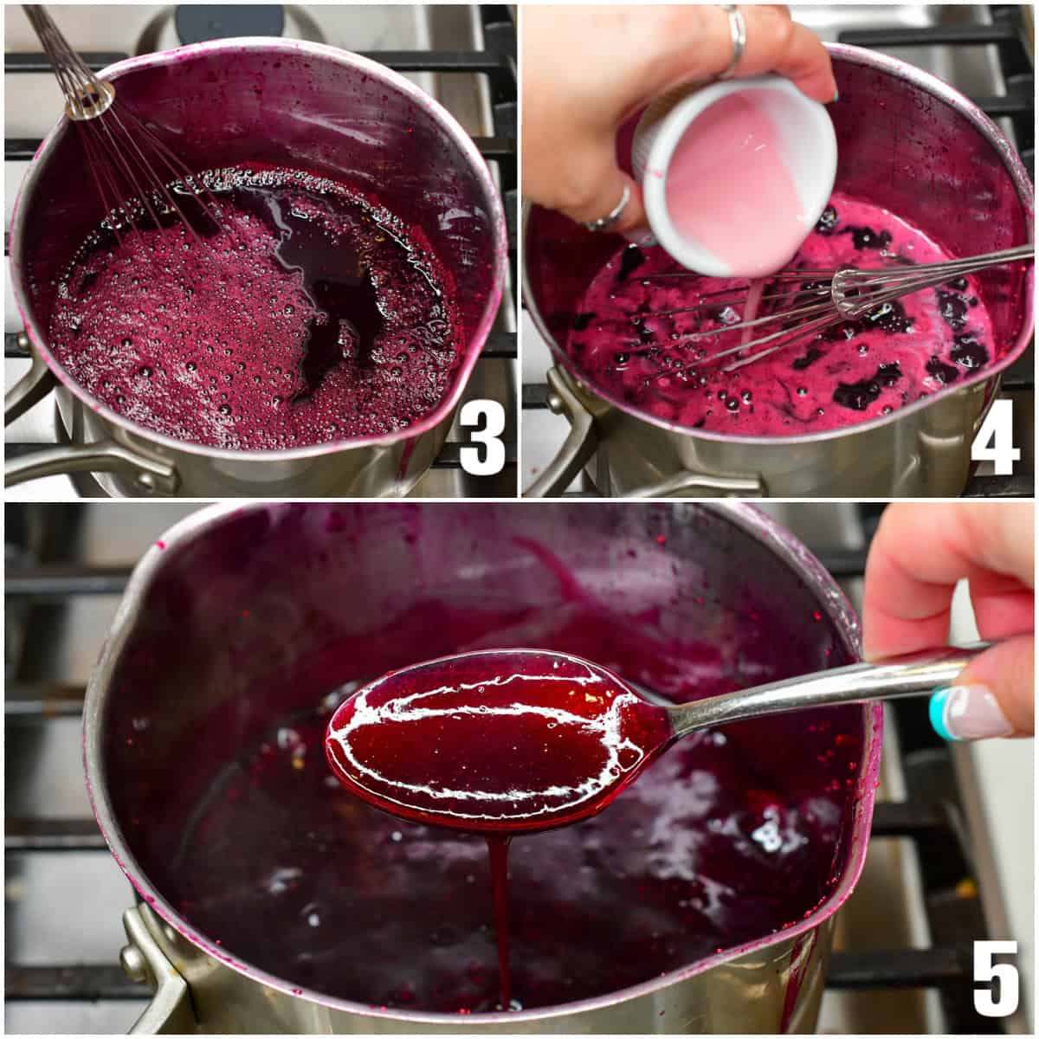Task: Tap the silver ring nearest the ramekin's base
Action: coord(611,212)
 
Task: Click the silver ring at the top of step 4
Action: coord(735,35)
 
